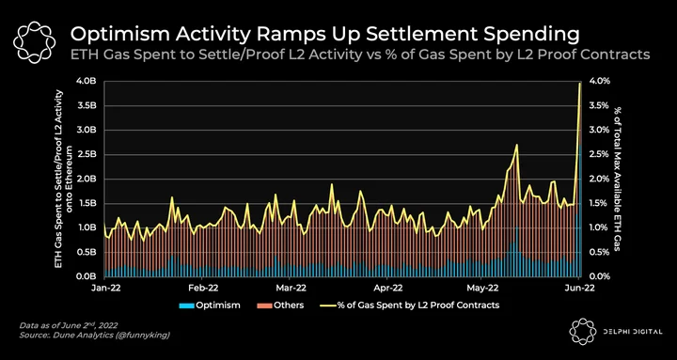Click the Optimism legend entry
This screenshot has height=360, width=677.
[210, 305]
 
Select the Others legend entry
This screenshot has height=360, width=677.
[280, 305]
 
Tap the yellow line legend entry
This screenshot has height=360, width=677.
[409, 305]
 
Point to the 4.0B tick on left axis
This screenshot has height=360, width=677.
[90, 81]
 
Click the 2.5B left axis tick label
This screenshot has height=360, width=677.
[90, 154]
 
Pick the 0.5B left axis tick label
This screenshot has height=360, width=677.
[90, 252]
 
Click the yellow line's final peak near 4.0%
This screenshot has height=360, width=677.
[580, 84]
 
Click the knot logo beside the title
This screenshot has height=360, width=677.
[35, 41]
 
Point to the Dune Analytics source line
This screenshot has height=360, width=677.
[94, 335]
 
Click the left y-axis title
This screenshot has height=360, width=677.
[63, 179]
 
